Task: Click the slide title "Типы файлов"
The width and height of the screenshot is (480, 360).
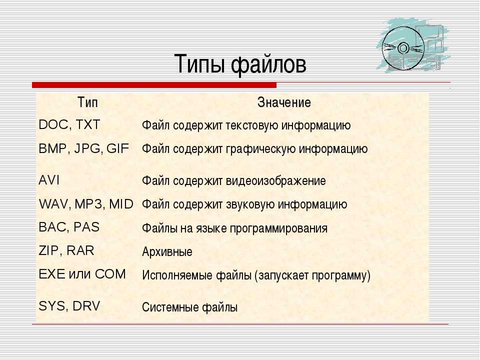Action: pos(240,64)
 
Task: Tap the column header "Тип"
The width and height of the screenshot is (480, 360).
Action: pos(87,102)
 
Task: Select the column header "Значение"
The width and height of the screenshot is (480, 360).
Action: pos(284,102)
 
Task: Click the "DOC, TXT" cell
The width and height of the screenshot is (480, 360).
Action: pos(69,124)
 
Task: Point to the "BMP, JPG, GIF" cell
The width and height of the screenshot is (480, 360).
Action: pos(84,148)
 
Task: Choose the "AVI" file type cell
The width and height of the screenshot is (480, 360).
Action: pos(49,180)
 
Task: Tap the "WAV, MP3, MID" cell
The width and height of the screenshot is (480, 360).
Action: pos(86,204)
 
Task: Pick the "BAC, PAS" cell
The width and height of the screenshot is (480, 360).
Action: pos(69,227)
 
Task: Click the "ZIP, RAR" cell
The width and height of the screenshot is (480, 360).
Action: pos(66,250)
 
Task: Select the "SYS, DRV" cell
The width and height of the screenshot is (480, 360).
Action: pos(69,306)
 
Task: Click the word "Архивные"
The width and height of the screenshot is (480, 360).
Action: pos(167,251)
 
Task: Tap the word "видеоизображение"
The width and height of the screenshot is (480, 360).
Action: pos(276,180)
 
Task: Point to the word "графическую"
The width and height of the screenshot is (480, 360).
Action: pos(260,149)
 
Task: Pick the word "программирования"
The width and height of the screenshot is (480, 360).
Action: pos(278,228)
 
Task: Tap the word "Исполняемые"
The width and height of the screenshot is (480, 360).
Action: pos(177,275)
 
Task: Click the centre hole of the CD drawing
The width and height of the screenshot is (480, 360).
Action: pos(403,48)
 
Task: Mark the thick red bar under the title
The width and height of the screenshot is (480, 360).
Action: pos(154,85)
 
